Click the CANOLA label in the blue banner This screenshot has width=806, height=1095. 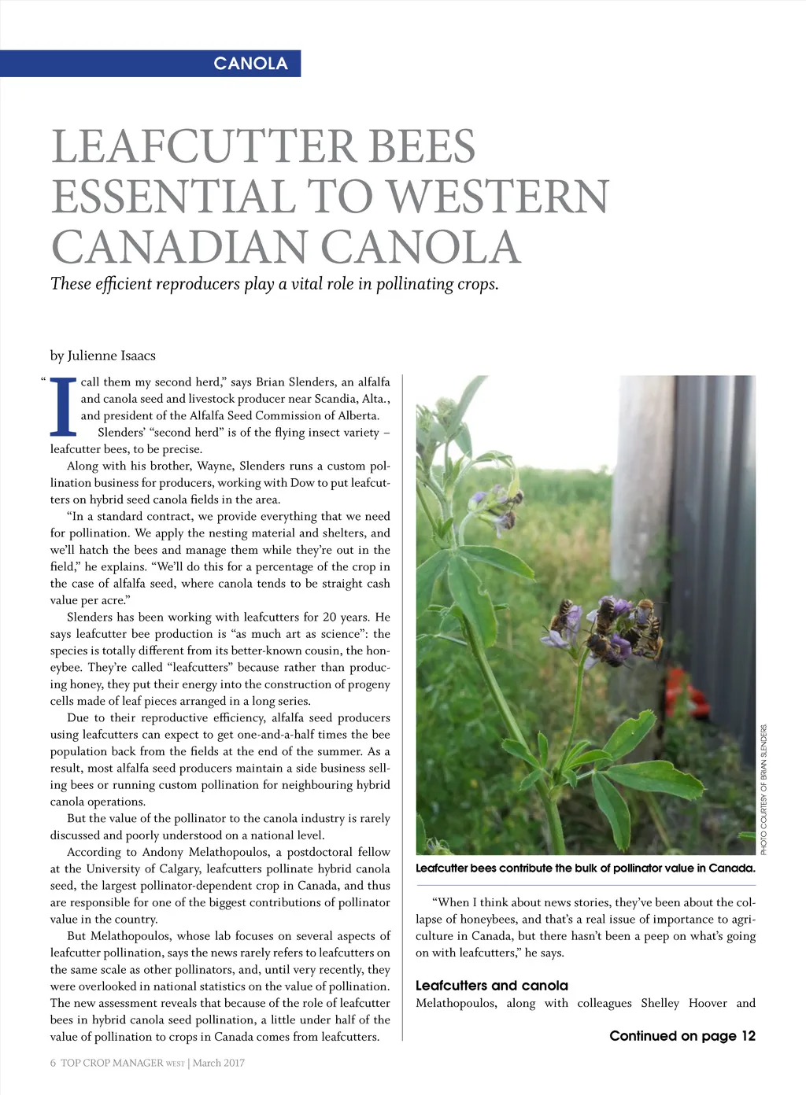(x=250, y=64)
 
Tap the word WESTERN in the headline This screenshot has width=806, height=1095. (x=498, y=197)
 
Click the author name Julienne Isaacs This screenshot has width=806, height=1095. (x=111, y=356)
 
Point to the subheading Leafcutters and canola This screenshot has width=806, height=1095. (x=491, y=986)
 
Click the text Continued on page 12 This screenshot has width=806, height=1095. (x=682, y=1036)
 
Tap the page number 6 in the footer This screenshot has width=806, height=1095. (x=53, y=1063)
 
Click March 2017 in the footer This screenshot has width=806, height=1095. (x=219, y=1063)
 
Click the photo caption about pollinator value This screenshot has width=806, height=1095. (x=585, y=868)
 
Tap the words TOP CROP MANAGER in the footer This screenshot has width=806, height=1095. (x=112, y=1063)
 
